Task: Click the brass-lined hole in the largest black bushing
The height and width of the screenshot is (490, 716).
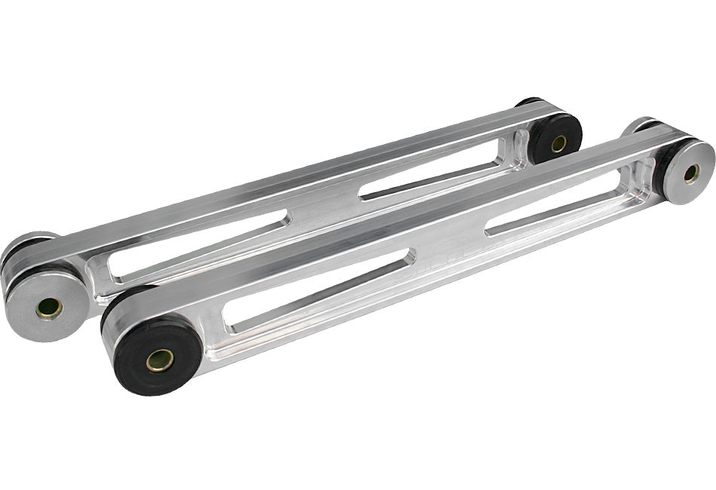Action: click(x=159, y=360)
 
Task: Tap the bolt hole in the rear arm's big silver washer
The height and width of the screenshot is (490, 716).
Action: click(x=49, y=308)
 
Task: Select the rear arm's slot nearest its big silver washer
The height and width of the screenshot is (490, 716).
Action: click(x=200, y=245)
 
